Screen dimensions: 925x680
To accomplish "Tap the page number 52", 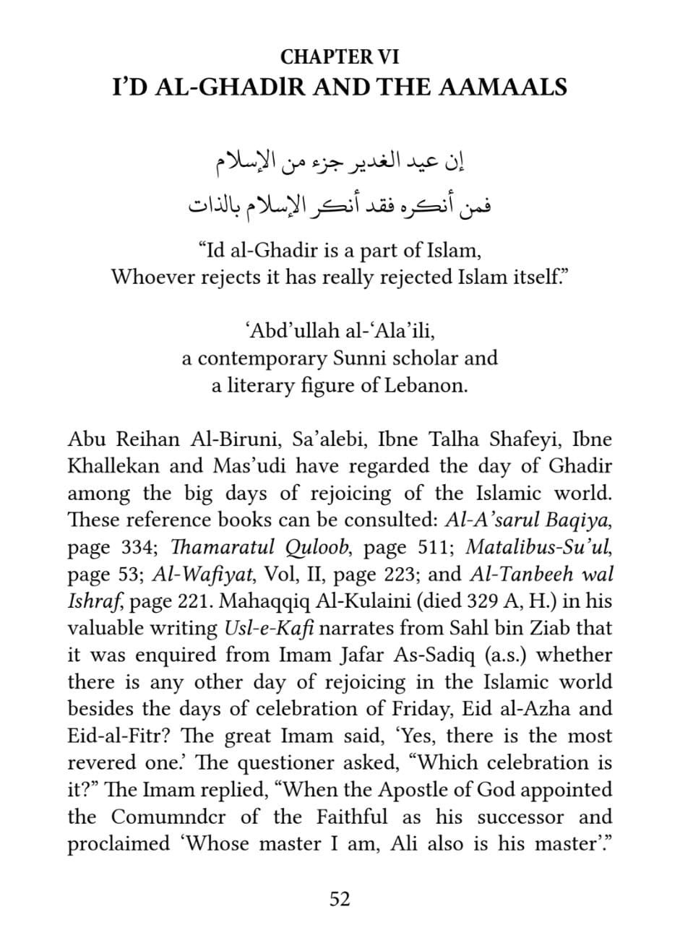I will click(340, 899).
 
